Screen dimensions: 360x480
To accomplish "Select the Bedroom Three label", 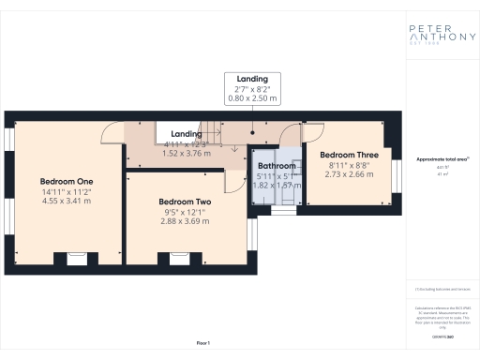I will [x=348, y=155].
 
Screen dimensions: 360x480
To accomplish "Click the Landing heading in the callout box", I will [x=253, y=79].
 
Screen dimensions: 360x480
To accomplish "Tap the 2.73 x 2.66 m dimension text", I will [x=348, y=174].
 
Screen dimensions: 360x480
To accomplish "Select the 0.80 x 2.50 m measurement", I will [x=253, y=98].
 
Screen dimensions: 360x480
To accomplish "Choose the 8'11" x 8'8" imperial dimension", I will [x=348, y=165].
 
